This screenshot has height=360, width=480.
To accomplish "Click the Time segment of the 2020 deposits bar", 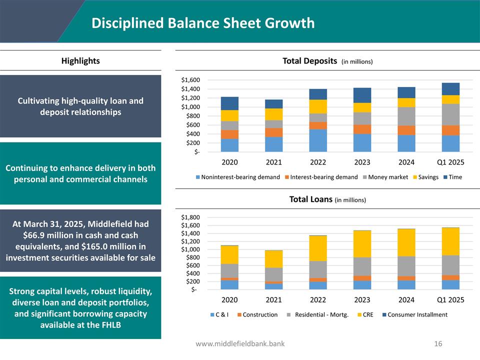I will coord(229,103).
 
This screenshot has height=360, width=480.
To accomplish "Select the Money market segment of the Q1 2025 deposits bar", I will coord(450,114).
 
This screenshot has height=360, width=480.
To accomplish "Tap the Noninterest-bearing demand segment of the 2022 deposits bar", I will coord(318,140).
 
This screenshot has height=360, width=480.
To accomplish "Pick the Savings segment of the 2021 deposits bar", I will coord(273,114).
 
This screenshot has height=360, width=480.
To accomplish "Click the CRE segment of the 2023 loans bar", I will coord(362,244).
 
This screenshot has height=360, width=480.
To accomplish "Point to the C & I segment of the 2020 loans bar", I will coord(229,284).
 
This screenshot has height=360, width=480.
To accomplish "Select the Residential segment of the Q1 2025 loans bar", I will coord(450,265).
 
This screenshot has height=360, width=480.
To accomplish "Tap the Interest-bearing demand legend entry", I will coord(323,177).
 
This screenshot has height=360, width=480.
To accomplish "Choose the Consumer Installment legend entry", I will coord(417,314).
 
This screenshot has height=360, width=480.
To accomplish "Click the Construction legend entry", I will coord(260,314).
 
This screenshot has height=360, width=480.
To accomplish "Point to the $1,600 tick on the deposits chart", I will coord(190,80).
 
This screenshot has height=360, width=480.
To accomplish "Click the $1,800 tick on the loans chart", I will coord(190,217).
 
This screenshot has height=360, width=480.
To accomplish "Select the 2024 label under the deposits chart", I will coord(406,162).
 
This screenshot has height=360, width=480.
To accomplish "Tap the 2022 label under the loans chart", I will coord(318,300).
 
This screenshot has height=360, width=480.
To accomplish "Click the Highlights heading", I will coord(80,61).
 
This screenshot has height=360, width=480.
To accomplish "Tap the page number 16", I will coord(438,344).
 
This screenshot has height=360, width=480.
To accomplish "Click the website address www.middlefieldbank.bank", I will coord(240,344).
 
